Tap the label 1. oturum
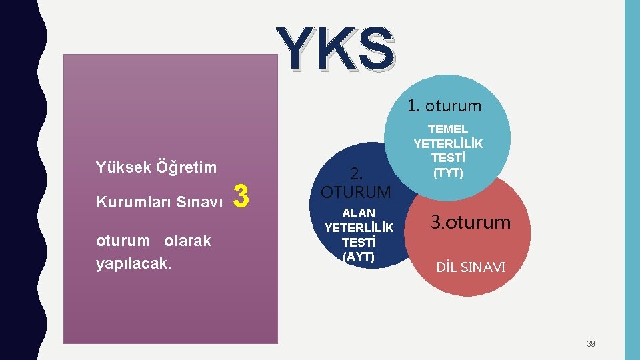click(x=445, y=106)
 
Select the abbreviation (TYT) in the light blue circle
click(x=449, y=173)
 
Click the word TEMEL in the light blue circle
click(x=448, y=129)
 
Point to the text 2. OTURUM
click(x=356, y=183)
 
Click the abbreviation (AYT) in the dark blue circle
click(x=358, y=256)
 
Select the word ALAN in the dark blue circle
click(x=359, y=213)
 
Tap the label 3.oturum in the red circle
click(x=470, y=222)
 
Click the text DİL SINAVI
click(x=471, y=268)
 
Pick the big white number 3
click(x=242, y=197)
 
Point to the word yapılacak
click(x=134, y=263)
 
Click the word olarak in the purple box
click(x=187, y=241)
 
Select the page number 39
click(x=591, y=344)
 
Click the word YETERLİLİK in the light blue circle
click(x=448, y=143)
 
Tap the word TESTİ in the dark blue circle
click(x=359, y=242)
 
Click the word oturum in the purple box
click(x=123, y=241)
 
